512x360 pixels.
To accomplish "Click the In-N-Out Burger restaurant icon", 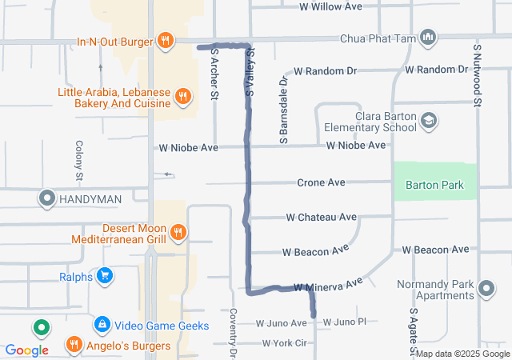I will (x=166, y=40).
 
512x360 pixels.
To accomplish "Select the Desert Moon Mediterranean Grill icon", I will (x=178, y=233).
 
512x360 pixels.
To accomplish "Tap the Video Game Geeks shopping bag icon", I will (x=102, y=325).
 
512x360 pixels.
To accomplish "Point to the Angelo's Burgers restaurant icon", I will (x=74, y=346).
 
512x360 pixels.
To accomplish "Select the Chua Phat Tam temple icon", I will (x=429, y=38).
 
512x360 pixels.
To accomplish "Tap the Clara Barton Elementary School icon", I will (x=430, y=121).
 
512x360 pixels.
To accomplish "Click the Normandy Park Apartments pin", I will (x=486, y=287).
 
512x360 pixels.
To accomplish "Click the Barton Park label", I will (x=434, y=185).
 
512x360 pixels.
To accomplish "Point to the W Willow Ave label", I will (x=330, y=6).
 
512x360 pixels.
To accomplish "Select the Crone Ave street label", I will (x=321, y=182).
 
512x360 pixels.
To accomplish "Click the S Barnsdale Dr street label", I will (x=283, y=110).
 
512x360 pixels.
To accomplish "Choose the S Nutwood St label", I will (x=476, y=75).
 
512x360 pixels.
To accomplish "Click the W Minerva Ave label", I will (x=328, y=285).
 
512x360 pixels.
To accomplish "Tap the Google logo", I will (x=26, y=350).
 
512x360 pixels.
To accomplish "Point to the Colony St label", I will (x=79, y=159).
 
